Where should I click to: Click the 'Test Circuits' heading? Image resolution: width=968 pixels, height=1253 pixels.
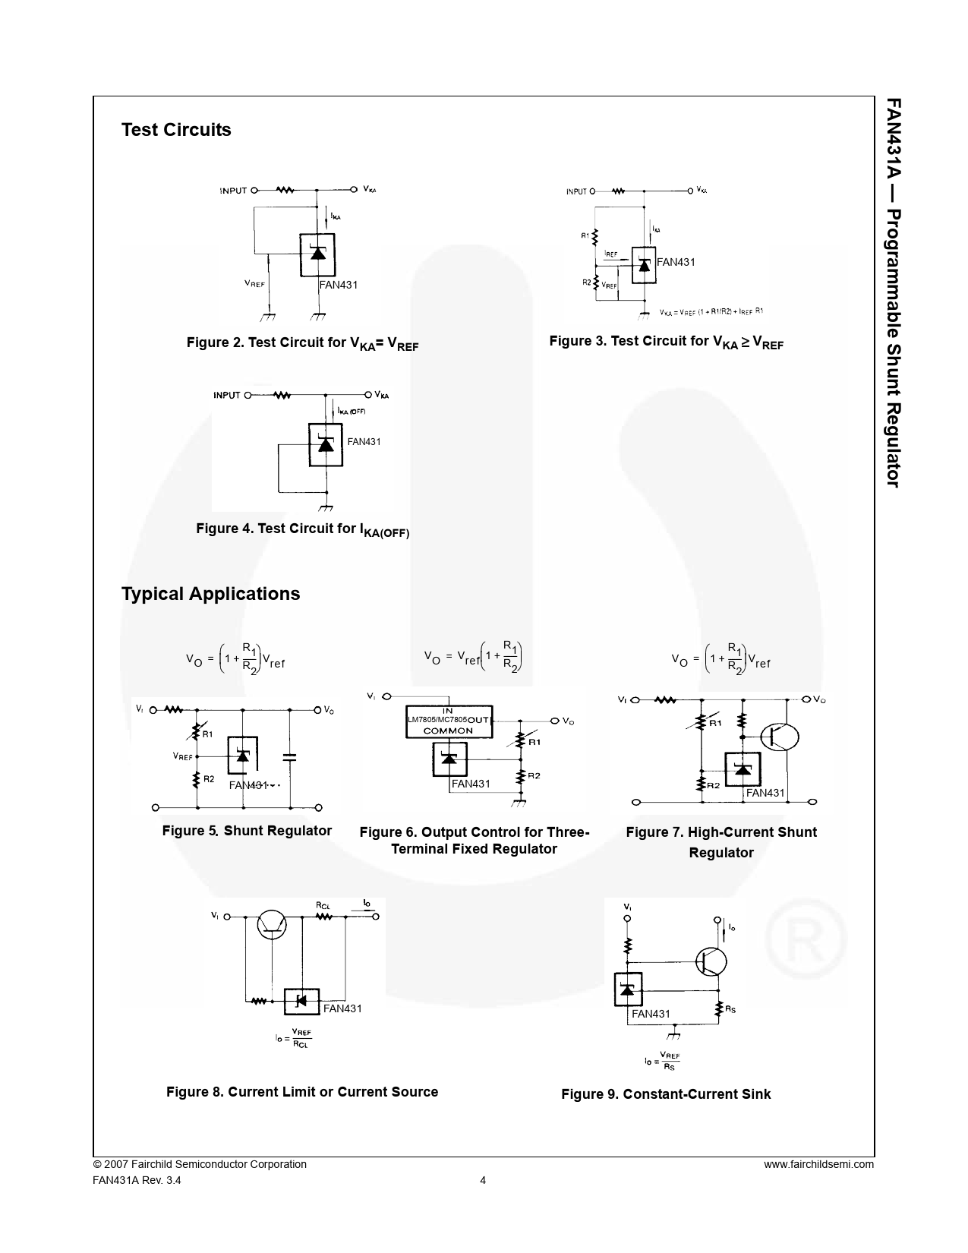click(x=176, y=130)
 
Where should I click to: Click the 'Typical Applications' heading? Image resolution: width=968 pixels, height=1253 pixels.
click(x=210, y=594)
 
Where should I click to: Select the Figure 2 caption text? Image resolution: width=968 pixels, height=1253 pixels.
click(x=302, y=343)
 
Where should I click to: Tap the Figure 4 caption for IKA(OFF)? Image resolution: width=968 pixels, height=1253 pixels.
click(x=302, y=529)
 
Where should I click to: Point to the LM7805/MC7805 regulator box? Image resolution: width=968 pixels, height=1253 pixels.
click(x=449, y=721)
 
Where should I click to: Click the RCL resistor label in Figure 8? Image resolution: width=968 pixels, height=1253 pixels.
click(x=323, y=904)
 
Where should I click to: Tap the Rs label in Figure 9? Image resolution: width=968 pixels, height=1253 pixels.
click(x=730, y=1009)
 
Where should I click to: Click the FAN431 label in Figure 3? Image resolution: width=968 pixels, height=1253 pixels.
click(x=676, y=262)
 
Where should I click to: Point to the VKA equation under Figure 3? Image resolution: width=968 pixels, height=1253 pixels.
click(x=711, y=311)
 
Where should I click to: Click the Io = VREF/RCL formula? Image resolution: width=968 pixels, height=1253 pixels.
click(x=294, y=1038)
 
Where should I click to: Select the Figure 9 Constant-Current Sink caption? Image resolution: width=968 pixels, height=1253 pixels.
click(x=666, y=1094)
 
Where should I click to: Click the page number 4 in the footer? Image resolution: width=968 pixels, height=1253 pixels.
click(x=484, y=1180)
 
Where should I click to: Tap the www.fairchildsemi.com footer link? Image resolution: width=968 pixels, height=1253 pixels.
click(x=818, y=1164)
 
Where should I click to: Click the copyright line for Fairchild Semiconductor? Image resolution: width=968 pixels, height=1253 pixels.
click(x=200, y=1164)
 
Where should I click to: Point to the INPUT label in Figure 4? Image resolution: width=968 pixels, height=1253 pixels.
click(x=226, y=395)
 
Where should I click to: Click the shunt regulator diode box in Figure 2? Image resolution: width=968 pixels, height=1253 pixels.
click(x=318, y=254)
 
